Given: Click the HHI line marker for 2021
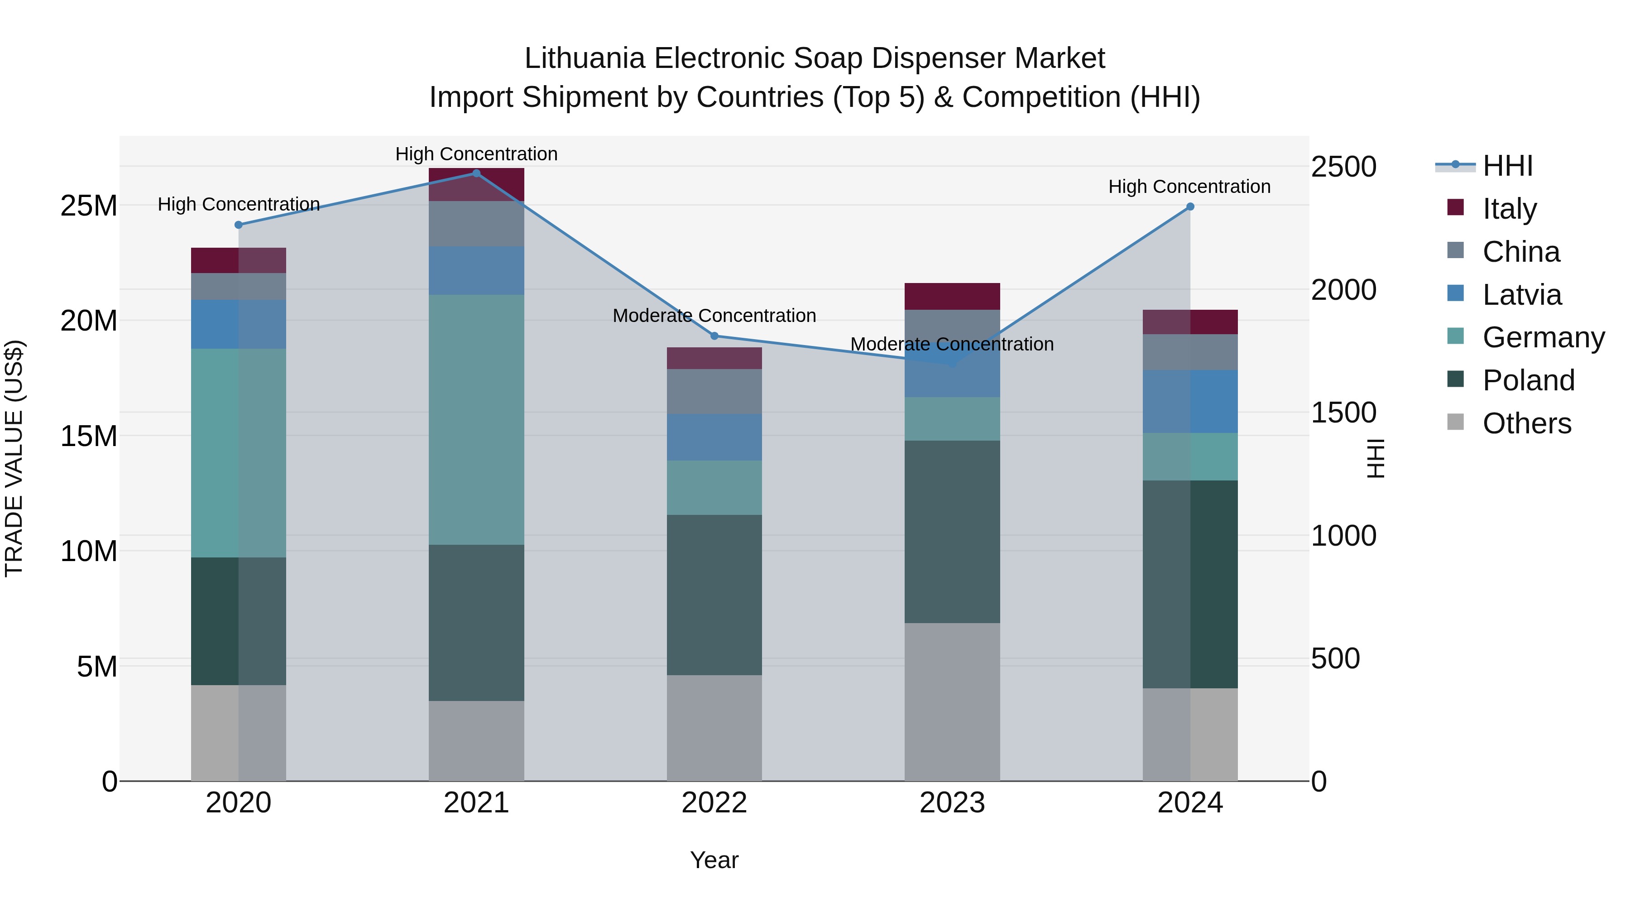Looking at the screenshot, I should [476, 173].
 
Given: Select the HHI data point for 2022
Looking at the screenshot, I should [714, 336].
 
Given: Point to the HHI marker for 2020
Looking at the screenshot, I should [239, 225].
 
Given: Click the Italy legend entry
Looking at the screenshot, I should [1509, 209].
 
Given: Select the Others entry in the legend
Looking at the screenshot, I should [1526, 423].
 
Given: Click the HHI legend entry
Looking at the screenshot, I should [1507, 166].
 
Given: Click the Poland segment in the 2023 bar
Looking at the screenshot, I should [952, 532].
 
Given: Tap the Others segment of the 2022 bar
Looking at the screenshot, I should [714, 728].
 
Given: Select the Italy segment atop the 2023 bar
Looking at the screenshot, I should [952, 296].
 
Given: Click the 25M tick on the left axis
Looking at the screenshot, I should [89, 206].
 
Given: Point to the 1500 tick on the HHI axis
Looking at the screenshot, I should [1343, 413].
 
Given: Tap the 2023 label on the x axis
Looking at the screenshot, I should [952, 803].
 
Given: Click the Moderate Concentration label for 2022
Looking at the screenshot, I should [714, 315].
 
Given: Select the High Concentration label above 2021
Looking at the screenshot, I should [476, 154].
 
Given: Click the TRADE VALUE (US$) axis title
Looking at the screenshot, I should [14, 458].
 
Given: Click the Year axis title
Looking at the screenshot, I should [714, 860].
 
